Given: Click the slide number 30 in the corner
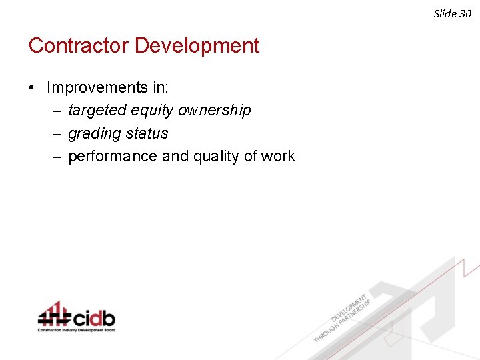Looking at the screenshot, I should pos(465,13).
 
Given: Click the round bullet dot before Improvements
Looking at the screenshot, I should pos(32,88).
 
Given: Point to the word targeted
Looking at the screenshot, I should pos(97,110).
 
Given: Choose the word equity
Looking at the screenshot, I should pos(153,110).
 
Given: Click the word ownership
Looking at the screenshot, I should pos(215,110).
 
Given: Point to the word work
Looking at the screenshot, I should pos(278,157).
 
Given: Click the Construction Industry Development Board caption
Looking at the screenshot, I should pos(76,330).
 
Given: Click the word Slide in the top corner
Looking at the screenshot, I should pos(445,13).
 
